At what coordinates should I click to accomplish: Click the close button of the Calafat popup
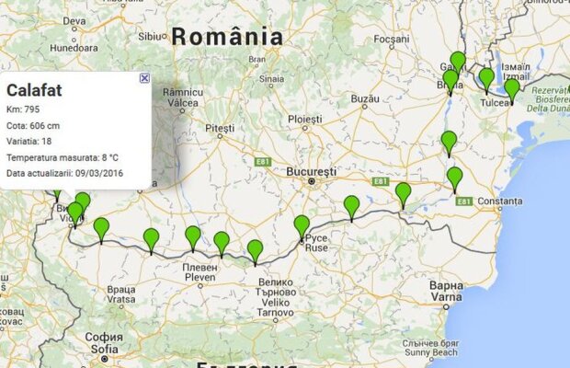[144, 79]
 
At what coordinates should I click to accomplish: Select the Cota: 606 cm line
[33, 126]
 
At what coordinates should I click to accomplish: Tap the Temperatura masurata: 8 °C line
[62, 157]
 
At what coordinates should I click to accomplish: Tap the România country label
[227, 37]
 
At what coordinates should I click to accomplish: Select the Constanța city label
[496, 201]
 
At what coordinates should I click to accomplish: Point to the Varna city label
[447, 297]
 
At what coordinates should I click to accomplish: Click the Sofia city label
[104, 349]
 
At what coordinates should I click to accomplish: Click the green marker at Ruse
[302, 226]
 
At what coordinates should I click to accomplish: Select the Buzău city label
[365, 98]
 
